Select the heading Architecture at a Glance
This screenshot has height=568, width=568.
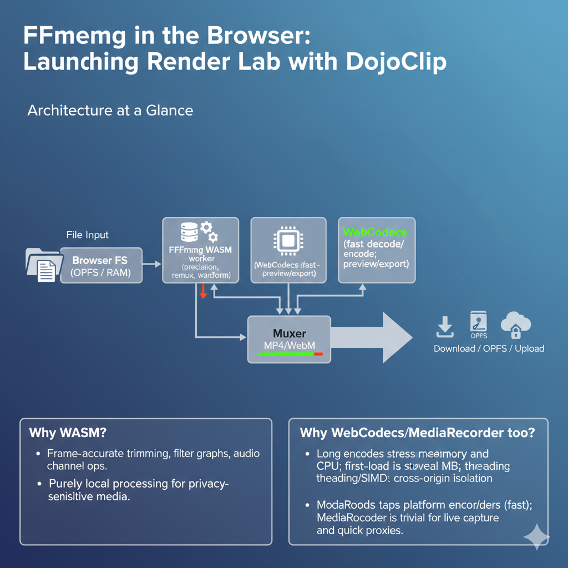tap(110, 110)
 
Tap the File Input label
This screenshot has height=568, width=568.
tap(88, 235)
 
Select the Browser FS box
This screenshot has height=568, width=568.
tap(100, 266)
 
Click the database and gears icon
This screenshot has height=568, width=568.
tap(197, 232)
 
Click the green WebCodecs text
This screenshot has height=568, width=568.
tap(375, 232)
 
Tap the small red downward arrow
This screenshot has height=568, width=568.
tap(203, 291)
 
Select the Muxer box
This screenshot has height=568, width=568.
tap(289, 339)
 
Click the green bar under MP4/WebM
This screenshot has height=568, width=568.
tap(286, 353)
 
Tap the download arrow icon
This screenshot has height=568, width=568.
tap(445, 327)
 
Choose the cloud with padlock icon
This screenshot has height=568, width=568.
tap(515, 325)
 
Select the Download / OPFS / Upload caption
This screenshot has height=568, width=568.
tap(489, 348)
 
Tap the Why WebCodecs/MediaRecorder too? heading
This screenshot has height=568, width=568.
tap(417, 432)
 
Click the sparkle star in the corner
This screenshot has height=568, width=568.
tap(536, 536)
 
